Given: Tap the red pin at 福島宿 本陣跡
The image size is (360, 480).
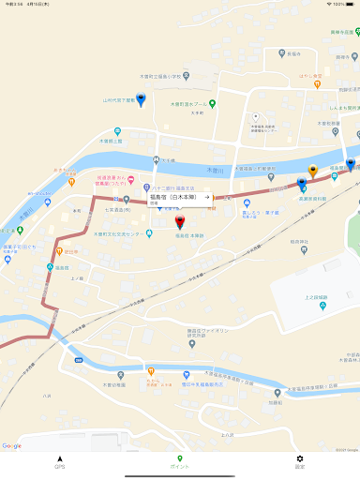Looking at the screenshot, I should point(181,223).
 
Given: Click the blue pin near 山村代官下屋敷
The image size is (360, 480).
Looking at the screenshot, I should point(141,98).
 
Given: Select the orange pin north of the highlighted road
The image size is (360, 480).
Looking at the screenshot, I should point(313,172).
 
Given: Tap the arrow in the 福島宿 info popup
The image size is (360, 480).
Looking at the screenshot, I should point(206,198).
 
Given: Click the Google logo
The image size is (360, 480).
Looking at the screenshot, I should point(12,446).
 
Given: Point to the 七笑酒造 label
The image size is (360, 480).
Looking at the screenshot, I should point(117,211).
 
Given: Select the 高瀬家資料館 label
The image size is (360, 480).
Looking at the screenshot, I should point(313,198).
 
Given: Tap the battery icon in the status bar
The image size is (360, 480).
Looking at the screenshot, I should point(348,4).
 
